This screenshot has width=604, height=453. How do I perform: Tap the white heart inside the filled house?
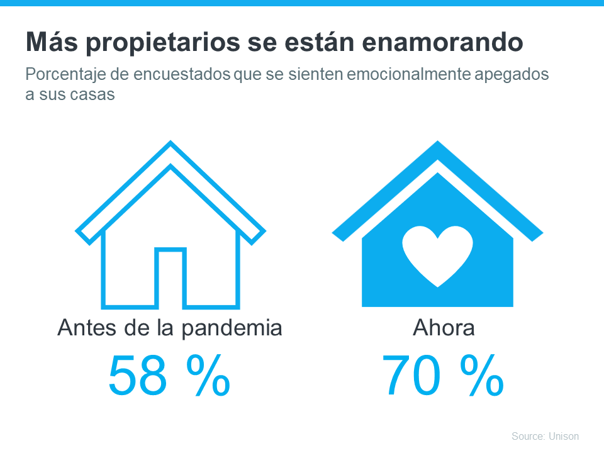click(x=437, y=255)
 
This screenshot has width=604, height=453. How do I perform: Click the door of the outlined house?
click(x=170, y=278)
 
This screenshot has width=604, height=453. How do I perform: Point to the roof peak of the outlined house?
click(x=170, y=146)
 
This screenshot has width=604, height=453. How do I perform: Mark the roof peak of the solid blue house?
click(x=437, y=146)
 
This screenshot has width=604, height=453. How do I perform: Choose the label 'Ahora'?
click(x=444, y=328)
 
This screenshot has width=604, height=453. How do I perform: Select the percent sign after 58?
click(x=206, y=376)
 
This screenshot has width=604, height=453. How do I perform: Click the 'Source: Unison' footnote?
click(x=545, y=436)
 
